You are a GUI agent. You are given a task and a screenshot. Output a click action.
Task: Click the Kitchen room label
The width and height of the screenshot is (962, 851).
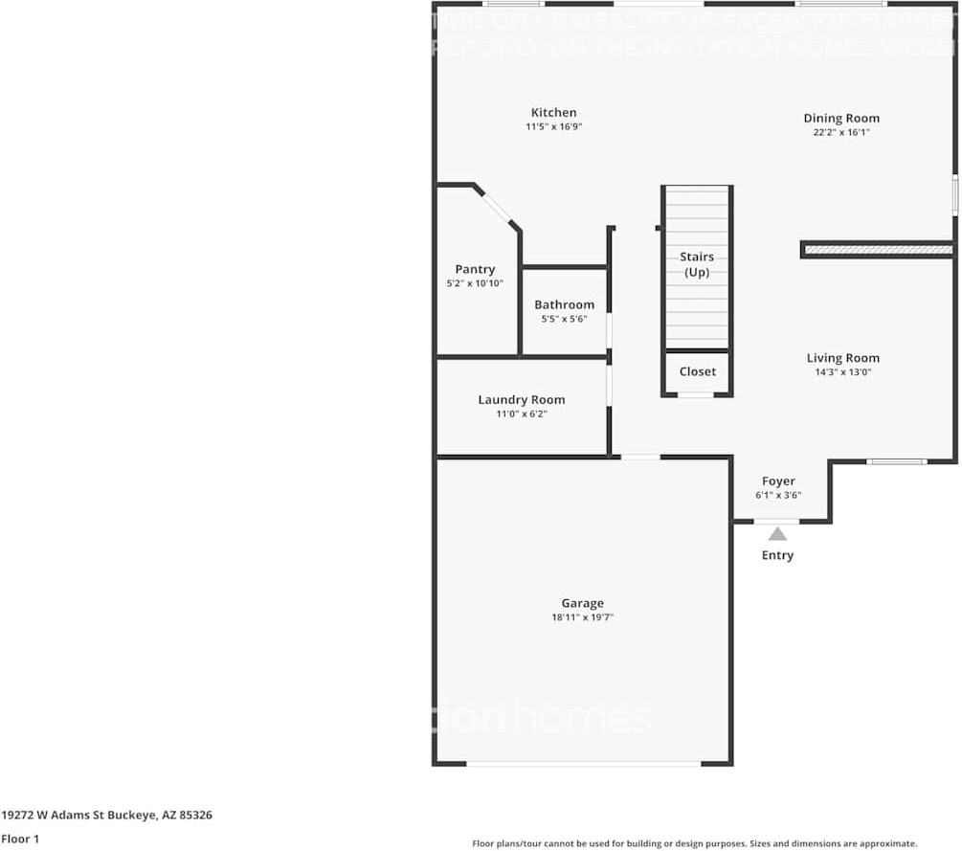pyautogui.click(x=554, y=113)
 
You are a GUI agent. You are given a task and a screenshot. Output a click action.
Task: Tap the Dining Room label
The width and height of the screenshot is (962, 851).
pyautogui.click(x=841, y=119)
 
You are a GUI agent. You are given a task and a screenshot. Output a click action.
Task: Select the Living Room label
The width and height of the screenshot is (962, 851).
pyautogui.click(x=842, y=358)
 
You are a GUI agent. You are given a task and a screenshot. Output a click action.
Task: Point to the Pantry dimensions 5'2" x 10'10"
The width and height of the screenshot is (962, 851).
pyautogui.click(x=475, y=283)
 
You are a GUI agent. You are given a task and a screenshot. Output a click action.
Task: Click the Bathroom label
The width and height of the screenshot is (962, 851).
pyautogui.click(x=564, y=305)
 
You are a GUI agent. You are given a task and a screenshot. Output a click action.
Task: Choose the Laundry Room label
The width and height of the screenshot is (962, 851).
pyautogui.click(x=522, y=400)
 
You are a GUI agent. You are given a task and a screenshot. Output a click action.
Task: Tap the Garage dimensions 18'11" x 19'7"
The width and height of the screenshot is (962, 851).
pyautogui.click(x=582, y=617)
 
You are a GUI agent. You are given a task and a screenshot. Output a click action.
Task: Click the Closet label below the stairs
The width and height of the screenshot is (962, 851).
pyautogui.click(x=697, y=371)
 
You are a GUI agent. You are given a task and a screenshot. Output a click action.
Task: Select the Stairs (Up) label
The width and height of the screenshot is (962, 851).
pyautogui.click(x=697, y=264)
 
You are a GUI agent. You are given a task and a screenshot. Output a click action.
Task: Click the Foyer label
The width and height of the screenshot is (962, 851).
pyautogui.click(x=778, y=481)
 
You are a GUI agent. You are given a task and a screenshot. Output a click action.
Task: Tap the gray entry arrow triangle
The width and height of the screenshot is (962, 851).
pyautogui.click(x=778, y=534)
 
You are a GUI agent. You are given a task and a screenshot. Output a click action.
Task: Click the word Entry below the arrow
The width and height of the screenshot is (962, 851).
pyautogui.click(x=777, y=555)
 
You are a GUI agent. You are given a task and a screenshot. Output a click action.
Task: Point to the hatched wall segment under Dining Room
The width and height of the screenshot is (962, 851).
pyautogui.click(x=878, y=250)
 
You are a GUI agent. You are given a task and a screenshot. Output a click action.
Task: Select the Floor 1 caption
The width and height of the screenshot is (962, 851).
pyautogui.click(x=20, y=839)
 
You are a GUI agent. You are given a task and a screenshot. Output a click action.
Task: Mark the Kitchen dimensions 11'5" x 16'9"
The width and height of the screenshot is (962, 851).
pyautogui.click(x=554, y=126)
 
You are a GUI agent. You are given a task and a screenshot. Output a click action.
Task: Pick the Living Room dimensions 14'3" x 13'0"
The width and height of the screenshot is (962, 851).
pyautogui.click(x=842, y=371)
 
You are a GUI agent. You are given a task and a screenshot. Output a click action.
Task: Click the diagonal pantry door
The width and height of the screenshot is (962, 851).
pyautogui.click(x=497, y=209)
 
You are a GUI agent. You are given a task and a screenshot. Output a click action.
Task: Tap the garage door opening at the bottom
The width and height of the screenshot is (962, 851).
pyautogui.click(x=583, y=763)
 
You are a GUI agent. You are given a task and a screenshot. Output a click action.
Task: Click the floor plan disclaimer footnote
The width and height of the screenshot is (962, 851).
pyautogui.click(x=695, y=843)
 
